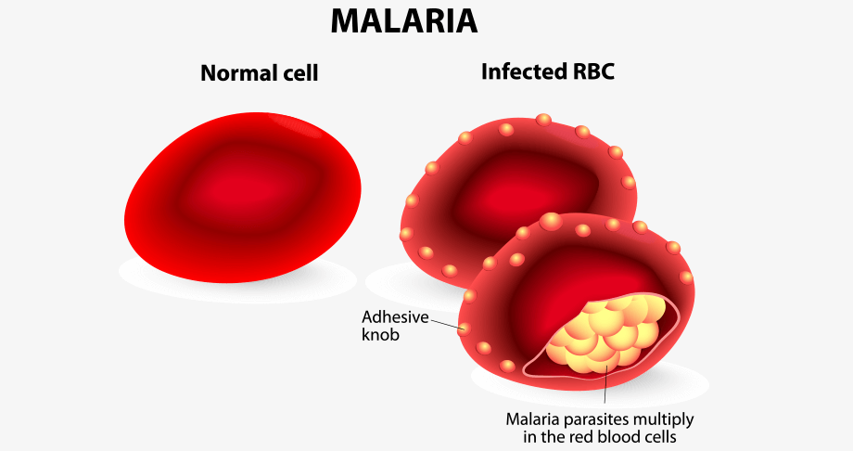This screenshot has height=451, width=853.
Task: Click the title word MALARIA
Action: coord(404,21)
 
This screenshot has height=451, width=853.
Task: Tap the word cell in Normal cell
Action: coord(298,73)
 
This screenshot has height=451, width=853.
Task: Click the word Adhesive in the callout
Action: coord(396,317)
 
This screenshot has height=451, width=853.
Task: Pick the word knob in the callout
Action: coord(380,334)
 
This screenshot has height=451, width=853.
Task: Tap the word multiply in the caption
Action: coord(664,420)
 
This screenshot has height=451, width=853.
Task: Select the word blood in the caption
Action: coord(620,436)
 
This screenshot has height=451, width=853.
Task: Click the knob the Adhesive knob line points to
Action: coord(464,329)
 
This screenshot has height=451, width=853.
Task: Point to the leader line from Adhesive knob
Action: coord(446,324)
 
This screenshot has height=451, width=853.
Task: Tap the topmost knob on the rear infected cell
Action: coord(543,120)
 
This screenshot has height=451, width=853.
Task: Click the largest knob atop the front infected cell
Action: coord(551,221)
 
